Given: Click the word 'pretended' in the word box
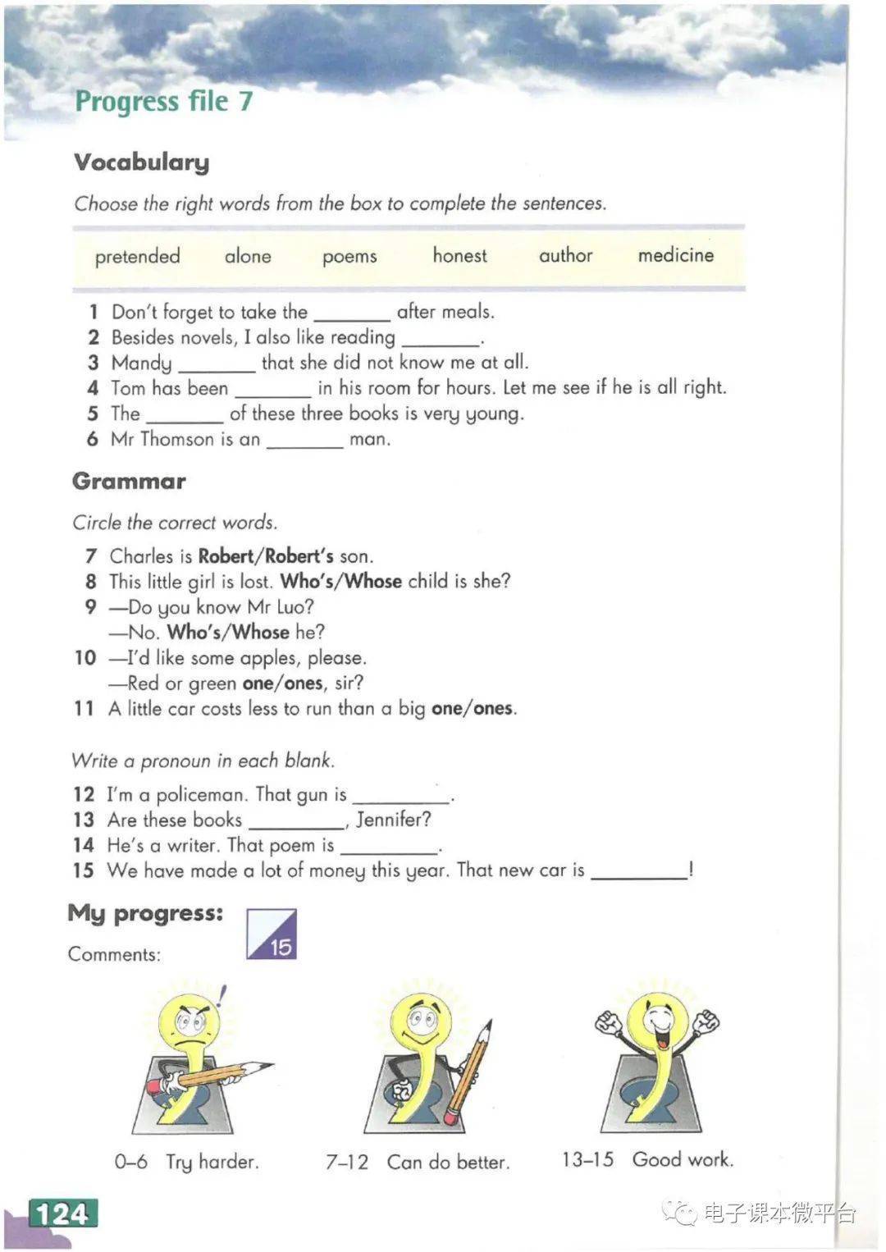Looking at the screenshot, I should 137,256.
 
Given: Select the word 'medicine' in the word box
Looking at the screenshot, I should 675,255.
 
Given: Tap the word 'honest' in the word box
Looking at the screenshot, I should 459,255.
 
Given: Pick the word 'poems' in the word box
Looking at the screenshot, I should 349,257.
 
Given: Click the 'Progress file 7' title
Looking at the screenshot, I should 164,101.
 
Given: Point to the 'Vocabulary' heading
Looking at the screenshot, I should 141,162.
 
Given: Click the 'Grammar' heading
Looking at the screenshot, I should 129,481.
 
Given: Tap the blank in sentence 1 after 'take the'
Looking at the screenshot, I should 352,315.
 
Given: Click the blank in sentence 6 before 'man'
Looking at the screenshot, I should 304,442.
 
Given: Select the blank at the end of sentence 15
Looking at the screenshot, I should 639,874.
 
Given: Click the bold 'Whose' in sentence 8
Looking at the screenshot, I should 373,582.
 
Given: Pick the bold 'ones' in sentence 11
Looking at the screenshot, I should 493,709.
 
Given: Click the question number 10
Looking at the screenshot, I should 85,658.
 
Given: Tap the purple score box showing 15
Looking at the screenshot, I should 272,934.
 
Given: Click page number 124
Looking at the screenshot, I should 63,1213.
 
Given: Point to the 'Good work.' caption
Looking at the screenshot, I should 683,1159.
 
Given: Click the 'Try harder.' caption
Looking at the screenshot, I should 212,1162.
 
